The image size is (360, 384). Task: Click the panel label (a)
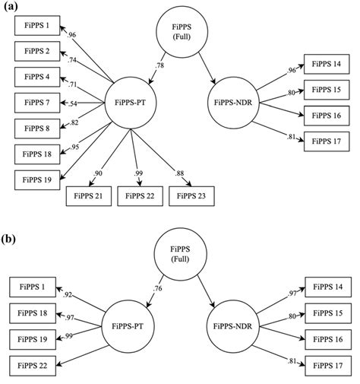[x=10, y=8]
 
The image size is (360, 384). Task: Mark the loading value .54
[x=73, y=103]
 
